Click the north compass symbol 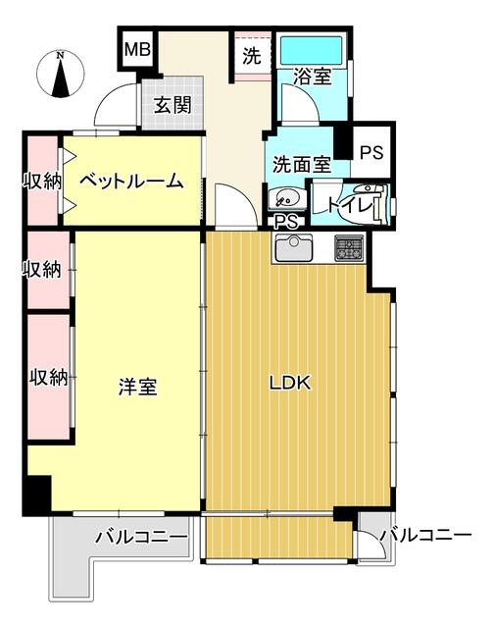(61, 75)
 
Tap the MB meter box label (137, 50)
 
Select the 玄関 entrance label (173, 105)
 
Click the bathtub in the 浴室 (311, 51)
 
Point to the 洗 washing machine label (252, 56)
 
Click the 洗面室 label (302, 164)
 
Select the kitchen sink (294, 247)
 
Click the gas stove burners (349, 248)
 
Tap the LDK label (289, 384)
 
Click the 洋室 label (137, 387)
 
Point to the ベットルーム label (131, 181)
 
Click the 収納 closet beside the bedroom (42, 181)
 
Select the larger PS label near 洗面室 (371, 153)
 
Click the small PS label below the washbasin (286, 222)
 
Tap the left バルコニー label (141, 537)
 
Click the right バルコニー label (426, 535)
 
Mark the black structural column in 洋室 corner (38, 494)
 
